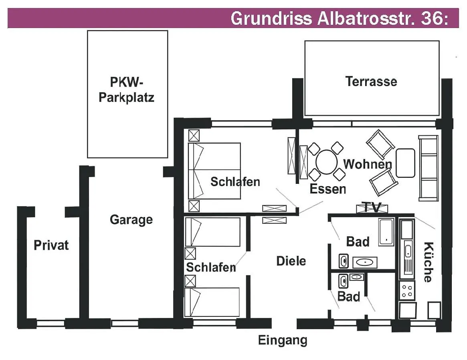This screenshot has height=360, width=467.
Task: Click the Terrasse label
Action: point(371,82)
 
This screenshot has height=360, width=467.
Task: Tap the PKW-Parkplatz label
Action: point(126,90)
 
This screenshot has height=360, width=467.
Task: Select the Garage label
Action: point(131,219)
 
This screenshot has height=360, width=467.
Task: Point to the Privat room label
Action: point(51,245)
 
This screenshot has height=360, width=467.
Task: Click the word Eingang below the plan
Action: point(283,340)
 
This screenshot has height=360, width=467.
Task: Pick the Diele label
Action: point(291,261)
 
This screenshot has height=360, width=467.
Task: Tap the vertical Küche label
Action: point(428,262)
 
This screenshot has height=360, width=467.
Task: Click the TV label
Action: point(372,207)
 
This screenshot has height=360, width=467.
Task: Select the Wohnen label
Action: point(367,164)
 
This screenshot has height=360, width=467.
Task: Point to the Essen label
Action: point(328,189)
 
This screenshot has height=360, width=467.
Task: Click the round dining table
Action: point(327,162)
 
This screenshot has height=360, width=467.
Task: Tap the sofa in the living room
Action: point(428,168)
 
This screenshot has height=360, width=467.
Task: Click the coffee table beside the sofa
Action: point(405,163)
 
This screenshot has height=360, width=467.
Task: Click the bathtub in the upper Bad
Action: point(387,231)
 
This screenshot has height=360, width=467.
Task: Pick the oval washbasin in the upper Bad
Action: point(365,262)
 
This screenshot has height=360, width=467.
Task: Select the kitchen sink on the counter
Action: point(407,251)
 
